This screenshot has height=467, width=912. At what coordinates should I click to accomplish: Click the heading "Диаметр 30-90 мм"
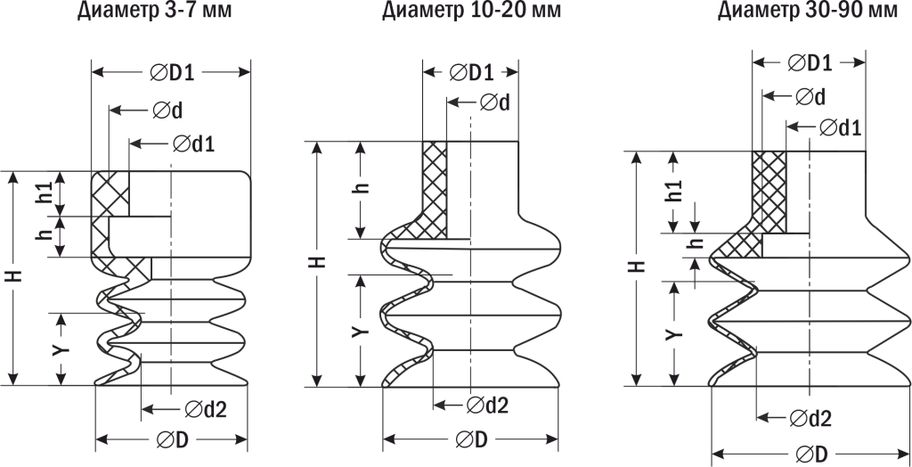(808, 12)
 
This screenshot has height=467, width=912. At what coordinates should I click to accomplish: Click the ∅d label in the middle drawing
(494, 102)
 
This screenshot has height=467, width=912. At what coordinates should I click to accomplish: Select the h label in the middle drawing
(361, 190)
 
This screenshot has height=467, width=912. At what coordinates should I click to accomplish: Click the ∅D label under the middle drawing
(469, 439)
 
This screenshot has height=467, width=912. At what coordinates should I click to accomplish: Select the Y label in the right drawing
(674, 332)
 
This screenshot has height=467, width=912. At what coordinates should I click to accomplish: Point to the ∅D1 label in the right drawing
(810, 62)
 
